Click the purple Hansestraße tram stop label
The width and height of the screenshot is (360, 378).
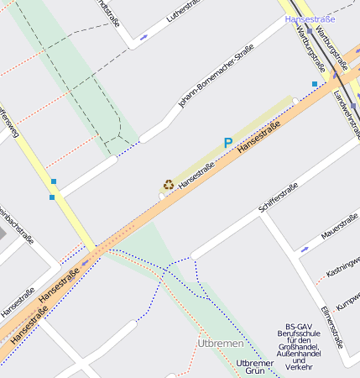coord(310,18)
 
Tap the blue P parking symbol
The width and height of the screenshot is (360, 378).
coord(227,144)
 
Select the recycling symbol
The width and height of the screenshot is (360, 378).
coord(169,184)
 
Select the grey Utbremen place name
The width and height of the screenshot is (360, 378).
coord(220,344)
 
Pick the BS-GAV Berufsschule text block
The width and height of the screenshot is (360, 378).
coord(308,346)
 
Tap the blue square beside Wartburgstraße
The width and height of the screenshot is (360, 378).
coord(315,84)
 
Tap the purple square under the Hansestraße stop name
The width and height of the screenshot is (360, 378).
coord(309,31)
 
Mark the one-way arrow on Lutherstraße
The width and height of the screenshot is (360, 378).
coord(145,36)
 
